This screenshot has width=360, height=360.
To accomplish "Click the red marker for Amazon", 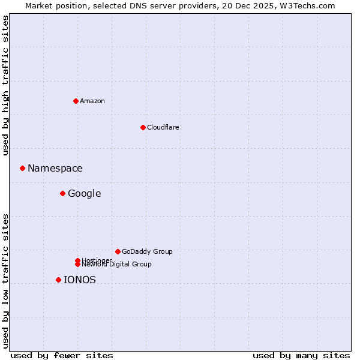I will (76, 101).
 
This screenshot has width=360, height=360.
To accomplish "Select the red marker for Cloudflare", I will (143, 127).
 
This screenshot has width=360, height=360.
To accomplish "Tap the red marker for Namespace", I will (22, 169).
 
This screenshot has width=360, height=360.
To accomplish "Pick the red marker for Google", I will (62, 193).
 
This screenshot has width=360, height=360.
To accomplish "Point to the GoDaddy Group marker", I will (118, 251).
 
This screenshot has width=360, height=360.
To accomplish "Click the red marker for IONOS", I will (58, 280).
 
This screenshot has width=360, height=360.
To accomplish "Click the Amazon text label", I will (92, 101).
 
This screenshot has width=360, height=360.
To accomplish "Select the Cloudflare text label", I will (163, 127).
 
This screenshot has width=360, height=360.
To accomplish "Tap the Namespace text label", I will (55, 169).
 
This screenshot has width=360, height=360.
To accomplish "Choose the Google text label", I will (84, 193).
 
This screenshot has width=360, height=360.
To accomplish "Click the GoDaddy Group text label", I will (147, 251).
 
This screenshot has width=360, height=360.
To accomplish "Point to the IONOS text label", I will (79, 280).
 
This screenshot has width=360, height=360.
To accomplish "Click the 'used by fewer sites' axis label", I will (62, 355).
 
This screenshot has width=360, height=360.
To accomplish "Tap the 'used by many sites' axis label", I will (301, 355).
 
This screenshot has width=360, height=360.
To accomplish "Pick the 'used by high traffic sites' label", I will (5, 85).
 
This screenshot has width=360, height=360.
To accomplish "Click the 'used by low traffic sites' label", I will (5, 281).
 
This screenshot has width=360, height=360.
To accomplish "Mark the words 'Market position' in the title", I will (52, 5).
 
